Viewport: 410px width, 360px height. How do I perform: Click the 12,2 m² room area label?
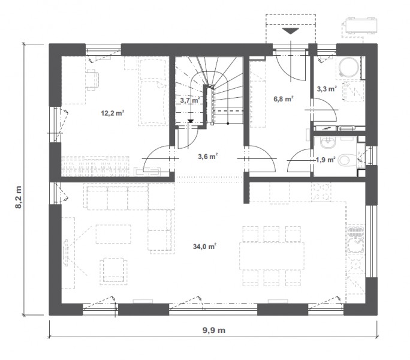(113, 113)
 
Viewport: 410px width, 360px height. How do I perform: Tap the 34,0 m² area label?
(204, 247)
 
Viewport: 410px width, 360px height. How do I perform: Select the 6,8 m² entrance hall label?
(283, 99)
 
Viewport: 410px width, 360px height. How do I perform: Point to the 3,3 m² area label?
(327, 89)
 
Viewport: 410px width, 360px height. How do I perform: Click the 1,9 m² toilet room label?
(325, 160)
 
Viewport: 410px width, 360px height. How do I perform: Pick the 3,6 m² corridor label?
(208, 157)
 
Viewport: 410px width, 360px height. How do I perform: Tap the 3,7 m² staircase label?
(190, 100)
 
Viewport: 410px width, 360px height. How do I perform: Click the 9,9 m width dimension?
(214, 330)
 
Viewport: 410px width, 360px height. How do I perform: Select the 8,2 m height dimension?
(19, 197)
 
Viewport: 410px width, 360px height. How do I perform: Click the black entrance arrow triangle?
(291, 31)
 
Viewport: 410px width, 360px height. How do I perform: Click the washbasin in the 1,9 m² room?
(328, 143)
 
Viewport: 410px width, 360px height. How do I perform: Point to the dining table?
(272, 256)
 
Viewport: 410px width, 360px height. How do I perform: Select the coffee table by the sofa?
(113, 234)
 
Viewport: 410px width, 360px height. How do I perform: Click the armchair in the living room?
(113, 271)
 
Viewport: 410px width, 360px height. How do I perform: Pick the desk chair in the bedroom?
(92, 80)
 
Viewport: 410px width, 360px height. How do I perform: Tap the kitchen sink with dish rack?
(355, 239)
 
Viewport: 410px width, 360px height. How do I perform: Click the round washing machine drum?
(348, 67)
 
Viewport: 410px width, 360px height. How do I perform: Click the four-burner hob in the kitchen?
(321, 192)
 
